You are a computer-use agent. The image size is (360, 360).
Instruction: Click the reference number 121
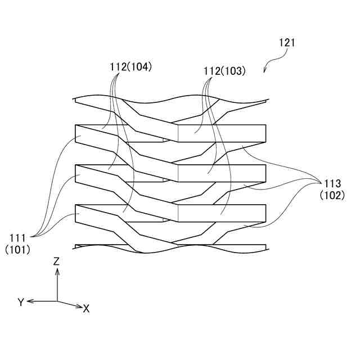pos(286,43)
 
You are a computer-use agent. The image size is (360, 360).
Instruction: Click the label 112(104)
pos(131,66)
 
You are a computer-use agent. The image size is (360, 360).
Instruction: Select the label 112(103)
pos(224,71)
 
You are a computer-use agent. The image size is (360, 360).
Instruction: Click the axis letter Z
pos(56,261)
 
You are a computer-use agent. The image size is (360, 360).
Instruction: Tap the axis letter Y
pos(20,303)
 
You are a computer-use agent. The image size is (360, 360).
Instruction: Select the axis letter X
pos(86,309)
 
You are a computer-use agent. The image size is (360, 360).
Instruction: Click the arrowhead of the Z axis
pos(57,271)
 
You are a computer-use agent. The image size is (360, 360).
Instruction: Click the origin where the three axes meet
pos(57,301)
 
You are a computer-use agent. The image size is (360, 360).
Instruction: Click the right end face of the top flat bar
pos(265,132)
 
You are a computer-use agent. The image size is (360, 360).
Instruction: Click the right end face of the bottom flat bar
pos(265,213)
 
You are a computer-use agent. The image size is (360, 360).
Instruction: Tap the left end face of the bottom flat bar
pos(75,213)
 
